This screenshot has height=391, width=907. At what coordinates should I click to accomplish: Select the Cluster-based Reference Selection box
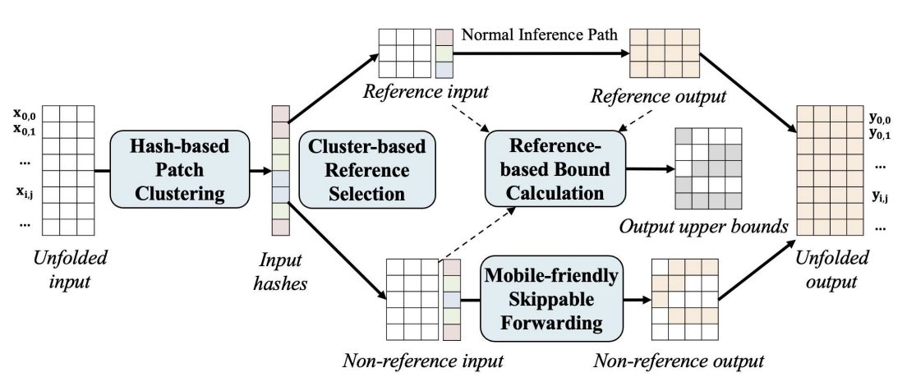pyautogui.click(x=367, y=170)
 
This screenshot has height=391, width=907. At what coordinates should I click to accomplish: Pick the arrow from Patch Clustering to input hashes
pyautogui.click(x=249, y=171)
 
